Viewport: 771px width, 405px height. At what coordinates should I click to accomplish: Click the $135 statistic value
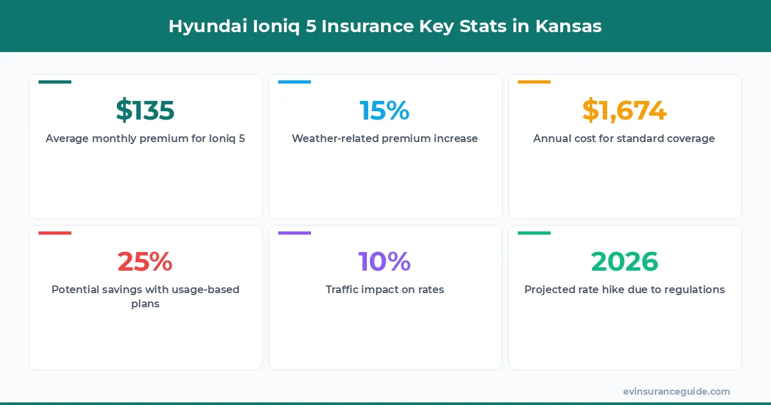145,111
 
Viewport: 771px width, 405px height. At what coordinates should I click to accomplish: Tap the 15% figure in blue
384,111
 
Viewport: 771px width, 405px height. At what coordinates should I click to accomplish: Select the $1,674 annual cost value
624,111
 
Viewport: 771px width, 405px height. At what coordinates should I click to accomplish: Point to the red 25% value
145,262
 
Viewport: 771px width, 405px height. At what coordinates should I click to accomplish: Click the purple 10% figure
384,262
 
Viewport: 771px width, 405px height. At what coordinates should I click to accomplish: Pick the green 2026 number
624,262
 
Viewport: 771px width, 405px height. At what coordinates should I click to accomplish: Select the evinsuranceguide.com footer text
676,391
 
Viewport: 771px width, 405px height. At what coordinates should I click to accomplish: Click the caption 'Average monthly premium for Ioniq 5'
145,138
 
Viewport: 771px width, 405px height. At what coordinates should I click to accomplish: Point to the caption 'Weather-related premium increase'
384,138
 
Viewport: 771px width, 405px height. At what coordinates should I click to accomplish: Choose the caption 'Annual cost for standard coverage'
624,138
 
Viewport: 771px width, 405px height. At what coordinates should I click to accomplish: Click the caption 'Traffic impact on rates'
384,289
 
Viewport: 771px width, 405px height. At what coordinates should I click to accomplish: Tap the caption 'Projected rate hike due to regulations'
624,289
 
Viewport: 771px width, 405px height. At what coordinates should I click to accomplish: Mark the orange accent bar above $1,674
534,82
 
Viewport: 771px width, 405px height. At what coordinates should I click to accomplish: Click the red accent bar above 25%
55,233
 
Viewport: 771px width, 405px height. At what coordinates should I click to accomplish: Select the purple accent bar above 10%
294,233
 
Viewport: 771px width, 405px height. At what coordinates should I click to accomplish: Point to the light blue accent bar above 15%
294,82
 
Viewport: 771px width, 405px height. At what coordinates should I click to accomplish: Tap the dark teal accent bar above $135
55,82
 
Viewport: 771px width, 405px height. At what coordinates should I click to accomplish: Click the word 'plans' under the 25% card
145,303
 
